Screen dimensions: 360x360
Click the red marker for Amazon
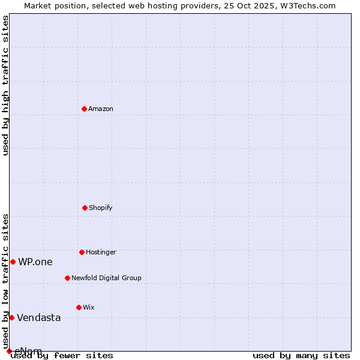(84, 109)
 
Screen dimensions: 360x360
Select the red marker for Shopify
(85, 208)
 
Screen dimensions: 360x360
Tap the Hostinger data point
(82, 252)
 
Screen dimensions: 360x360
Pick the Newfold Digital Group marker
(67, 278)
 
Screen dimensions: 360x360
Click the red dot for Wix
(79, 307)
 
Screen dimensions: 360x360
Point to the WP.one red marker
(13, 262)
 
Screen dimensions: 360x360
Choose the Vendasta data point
(11, 317)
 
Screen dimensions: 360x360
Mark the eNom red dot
(9, 351)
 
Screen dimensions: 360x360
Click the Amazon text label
(101, 109)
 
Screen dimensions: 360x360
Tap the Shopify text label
(101, 208)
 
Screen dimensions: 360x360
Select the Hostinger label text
(101, 252)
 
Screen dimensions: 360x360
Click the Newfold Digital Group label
(106, 278)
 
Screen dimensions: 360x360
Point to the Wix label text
(89, 307)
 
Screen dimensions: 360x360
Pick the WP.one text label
(35, 262)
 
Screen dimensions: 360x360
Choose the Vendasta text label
(39, 317)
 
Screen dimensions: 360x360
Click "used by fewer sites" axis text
(62, 355)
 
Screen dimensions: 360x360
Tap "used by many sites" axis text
(301, 355)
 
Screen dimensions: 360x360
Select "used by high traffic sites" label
(5, 85)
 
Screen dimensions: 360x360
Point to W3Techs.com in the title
(310, 5)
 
